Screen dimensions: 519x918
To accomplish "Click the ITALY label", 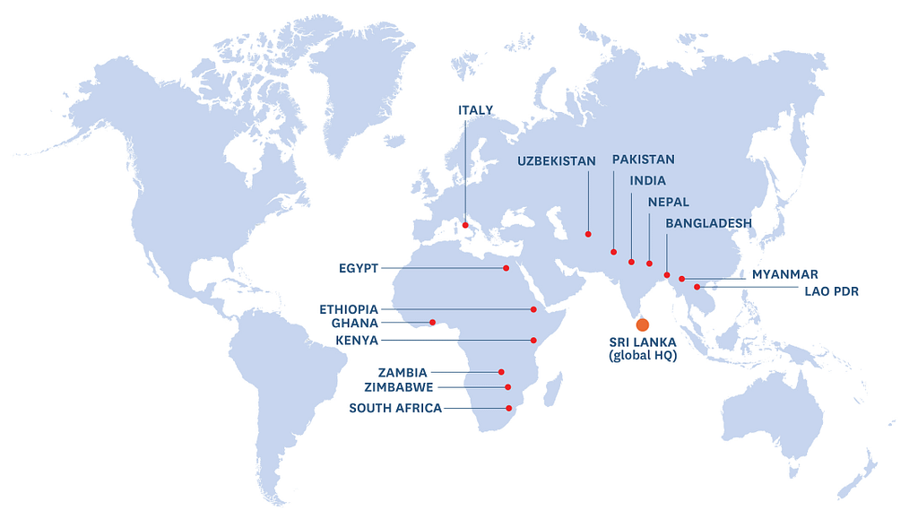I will coord(475,110).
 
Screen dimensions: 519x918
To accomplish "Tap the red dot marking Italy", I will coord(465,225).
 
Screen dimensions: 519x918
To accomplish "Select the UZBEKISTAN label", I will coord(556,161).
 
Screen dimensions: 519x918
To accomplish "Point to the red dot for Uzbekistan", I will coord(588,234).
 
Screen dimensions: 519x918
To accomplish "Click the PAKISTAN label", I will coord(643,160).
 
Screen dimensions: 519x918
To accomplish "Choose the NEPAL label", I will coord(668,202).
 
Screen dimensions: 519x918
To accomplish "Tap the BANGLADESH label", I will coord(708,222).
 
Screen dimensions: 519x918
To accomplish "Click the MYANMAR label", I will coord(784,274).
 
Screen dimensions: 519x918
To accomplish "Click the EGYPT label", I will coord(359,268).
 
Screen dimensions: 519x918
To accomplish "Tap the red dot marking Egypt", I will coord(506,268).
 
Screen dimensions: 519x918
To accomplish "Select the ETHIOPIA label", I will coord(349,309).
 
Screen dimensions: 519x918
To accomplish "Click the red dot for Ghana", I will coord(432,323).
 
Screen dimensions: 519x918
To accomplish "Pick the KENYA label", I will coord(357,341).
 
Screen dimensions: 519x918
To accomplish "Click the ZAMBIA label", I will coord(403,372).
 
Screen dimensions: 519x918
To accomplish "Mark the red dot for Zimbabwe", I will coord(508,387).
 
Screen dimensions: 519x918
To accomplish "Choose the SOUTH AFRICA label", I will coord(395,409).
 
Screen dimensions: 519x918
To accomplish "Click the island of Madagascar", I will coord(553,390).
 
